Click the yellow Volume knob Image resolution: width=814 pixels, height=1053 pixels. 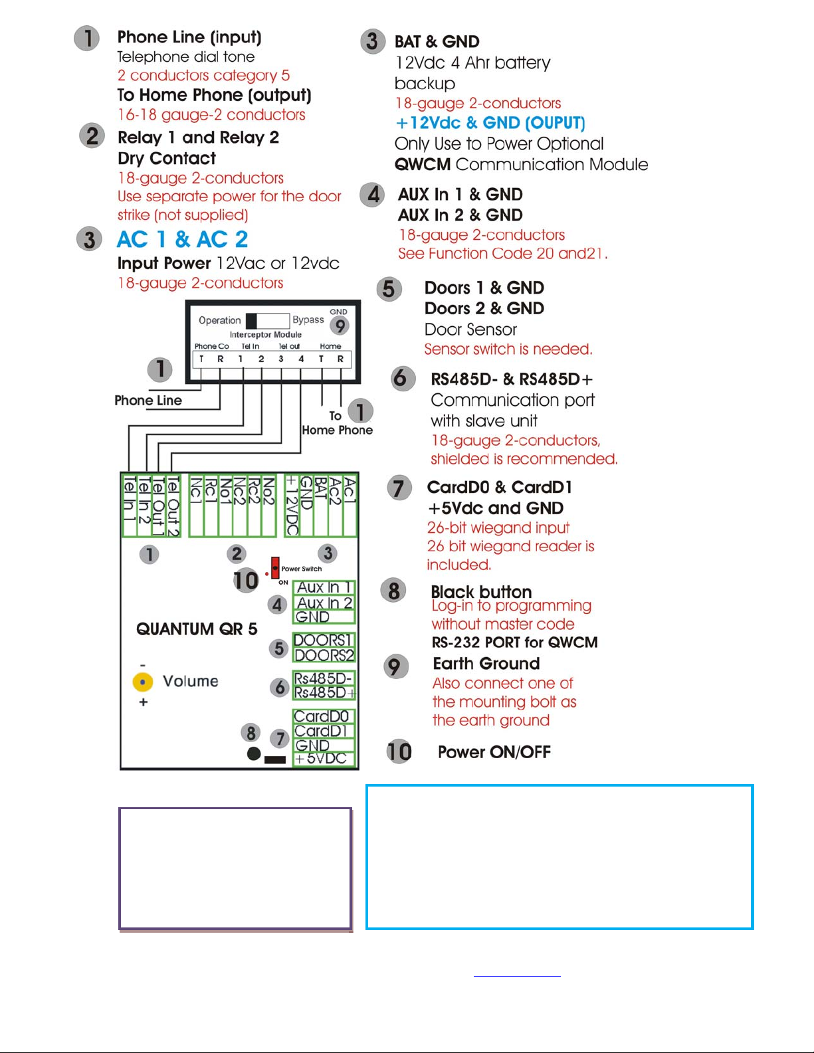coord(143,682)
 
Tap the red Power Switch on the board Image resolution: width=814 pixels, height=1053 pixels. coord(275,569)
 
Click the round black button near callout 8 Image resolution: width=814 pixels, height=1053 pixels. coord(253,754)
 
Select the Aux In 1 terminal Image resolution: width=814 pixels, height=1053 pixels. coord(324,587)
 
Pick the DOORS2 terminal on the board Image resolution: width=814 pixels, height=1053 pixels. coord(324,655)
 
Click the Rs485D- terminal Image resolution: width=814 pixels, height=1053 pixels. coord(324,678)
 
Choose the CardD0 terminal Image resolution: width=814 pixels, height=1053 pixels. coord(322,716)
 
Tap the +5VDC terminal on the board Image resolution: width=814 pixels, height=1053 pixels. coord(322,759)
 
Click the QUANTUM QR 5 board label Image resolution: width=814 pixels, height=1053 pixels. coord(197,629)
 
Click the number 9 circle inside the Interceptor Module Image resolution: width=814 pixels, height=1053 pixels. coord(340,326)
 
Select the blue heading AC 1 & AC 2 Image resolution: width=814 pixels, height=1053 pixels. coord(182,239)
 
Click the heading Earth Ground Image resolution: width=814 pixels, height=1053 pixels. coord(486,664)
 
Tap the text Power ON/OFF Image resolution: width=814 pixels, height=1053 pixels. coord(494,752)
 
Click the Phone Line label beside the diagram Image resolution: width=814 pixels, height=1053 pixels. coord(148,401)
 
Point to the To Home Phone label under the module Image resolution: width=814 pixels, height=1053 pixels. coord(337,423)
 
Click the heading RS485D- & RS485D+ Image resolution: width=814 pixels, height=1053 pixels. coord(512,379)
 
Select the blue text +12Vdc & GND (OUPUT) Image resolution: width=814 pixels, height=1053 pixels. coord(490,123)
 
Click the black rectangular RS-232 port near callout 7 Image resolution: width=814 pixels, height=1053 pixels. coord(275,759)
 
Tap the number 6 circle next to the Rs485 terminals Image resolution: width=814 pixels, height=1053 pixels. coord(280,688)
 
